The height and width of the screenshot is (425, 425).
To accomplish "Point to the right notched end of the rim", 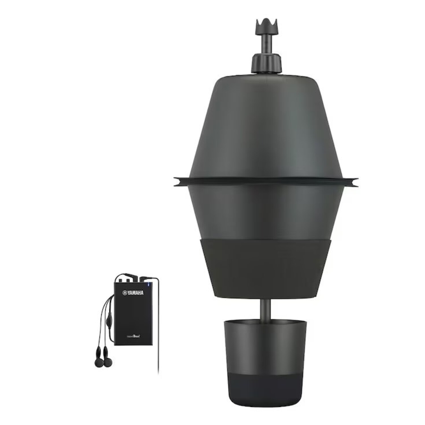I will (x=354, y=180).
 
